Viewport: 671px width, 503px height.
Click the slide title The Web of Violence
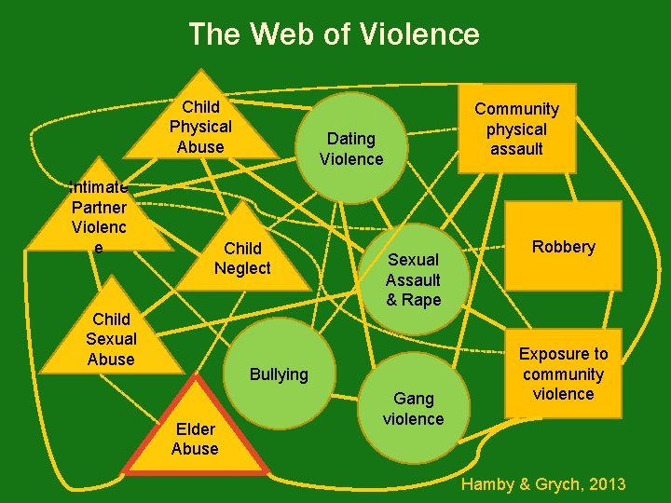tap(334, 34)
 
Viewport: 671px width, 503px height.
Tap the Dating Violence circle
tap(351, 148)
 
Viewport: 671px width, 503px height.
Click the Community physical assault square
tap(515, 129)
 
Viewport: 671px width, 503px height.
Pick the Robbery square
tap(563, 247)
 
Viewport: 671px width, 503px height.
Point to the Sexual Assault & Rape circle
tap(413, 279)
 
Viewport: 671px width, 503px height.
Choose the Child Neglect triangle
tap(242, 258)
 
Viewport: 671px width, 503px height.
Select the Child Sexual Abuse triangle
tap(111, 339)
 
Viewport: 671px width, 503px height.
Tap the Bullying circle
tap(279, 374)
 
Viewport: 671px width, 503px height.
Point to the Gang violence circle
tap(414, 408)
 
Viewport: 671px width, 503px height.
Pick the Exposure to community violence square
tap(563, 374)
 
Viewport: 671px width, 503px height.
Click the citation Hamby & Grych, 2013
tap(543, 484)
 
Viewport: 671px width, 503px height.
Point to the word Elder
tap(195, 428)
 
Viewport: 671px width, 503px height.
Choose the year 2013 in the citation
tap(607, 484)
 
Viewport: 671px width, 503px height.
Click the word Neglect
tap(242, 268)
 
